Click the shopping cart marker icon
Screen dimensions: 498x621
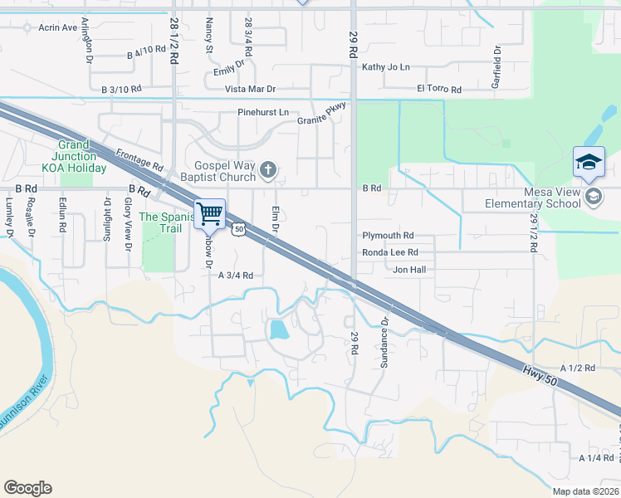coord(210,214)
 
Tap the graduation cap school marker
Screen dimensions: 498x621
coord(589,161)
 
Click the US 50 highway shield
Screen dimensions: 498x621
coord(239,228)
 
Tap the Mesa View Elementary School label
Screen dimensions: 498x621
coord(540,198)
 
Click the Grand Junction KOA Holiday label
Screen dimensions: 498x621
coord(79,156)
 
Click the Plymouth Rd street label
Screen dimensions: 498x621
coord(387,236)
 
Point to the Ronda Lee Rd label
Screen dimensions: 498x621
coord(389,253)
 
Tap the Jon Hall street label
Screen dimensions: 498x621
coord(408,270)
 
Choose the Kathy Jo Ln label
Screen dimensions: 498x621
coord(385,66)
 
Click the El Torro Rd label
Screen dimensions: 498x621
coord(439,88)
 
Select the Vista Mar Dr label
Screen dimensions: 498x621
coord(250,89)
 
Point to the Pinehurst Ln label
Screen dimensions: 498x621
coord(262,112)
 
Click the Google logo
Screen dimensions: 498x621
coord(27,488)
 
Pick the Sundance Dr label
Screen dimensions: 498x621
coord(384,332)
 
